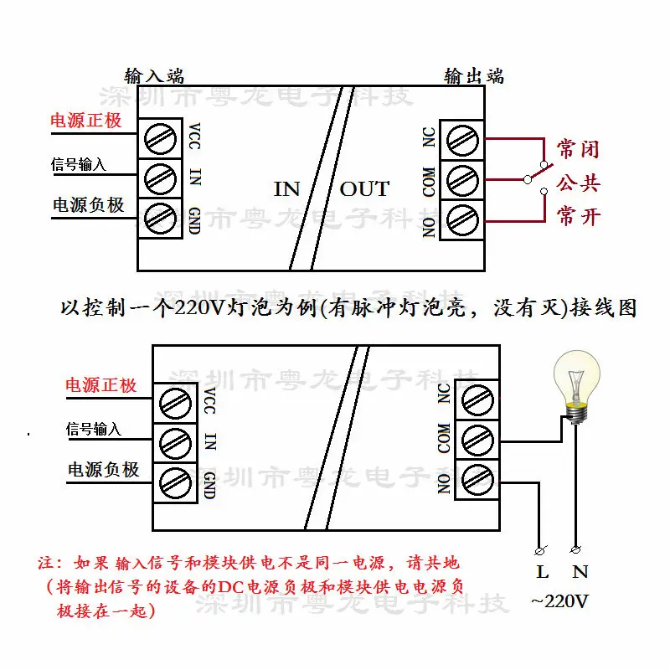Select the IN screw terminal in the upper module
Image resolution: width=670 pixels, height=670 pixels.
(161, 178)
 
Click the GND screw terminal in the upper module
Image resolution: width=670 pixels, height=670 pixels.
(161, 219)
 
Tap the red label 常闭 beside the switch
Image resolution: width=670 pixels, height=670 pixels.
(579, 150)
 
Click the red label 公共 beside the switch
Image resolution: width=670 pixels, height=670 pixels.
(579, 183)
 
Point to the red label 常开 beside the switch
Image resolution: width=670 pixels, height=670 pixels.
(579, 216)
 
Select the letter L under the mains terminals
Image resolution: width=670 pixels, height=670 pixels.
(543, 573)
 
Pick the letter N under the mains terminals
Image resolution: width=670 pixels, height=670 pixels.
(580, 573)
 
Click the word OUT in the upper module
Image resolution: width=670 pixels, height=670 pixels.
(364, 188)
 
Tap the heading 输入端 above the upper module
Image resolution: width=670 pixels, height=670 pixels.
(154, 75)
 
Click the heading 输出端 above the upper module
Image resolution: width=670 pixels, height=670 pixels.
(474, 75)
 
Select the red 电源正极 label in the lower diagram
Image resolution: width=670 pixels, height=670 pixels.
(101, 386)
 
